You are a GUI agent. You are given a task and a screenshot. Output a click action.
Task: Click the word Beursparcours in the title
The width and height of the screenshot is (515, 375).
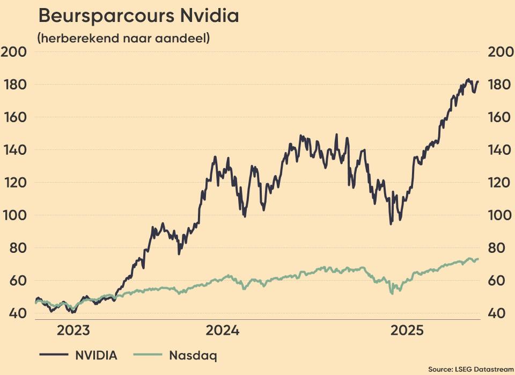101,16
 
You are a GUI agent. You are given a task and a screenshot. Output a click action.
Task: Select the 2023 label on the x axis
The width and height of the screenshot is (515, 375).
73,330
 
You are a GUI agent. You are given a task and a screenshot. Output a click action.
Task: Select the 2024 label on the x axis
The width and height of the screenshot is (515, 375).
222,330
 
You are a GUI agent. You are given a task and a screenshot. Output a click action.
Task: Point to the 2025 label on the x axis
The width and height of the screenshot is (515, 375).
408,330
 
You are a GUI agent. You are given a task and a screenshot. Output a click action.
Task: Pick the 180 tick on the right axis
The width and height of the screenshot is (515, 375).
501,85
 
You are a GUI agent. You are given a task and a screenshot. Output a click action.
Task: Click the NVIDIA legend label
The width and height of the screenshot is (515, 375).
95,355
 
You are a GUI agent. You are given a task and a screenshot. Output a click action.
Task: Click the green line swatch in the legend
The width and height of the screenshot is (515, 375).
147,355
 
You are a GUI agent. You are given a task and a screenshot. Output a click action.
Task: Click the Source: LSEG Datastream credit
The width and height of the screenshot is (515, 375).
470,369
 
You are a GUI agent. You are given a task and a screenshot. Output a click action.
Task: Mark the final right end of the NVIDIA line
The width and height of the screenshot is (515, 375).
477,82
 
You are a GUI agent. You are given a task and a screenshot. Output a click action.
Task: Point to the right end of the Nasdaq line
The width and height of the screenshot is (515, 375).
478,259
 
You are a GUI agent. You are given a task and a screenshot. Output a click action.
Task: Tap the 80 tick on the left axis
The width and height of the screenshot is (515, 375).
15,248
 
